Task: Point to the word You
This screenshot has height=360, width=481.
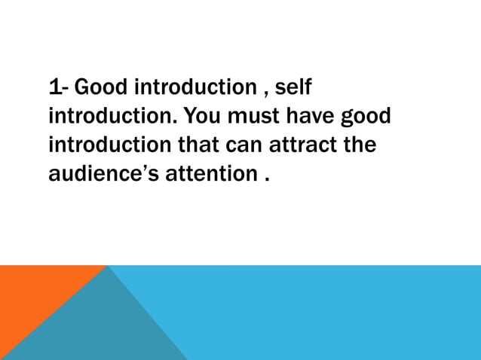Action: click(201, 117)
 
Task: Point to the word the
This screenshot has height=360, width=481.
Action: click(360, 145)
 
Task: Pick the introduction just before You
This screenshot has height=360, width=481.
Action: click(113, 117)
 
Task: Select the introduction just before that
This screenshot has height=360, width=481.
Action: click(113, 145)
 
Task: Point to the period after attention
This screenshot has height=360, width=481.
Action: click(266, 180)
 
